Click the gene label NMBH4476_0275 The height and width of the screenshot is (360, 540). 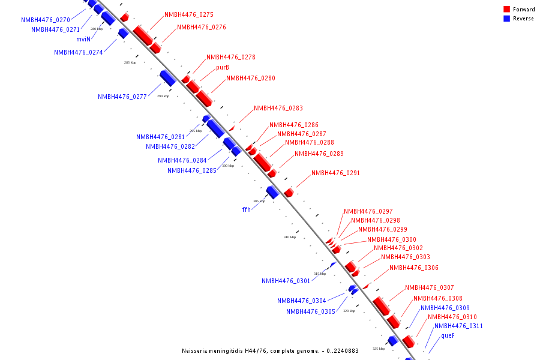pyautogui.click(x=188, y=14)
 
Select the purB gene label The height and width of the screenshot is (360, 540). pyautogui.click(x=223, y=67)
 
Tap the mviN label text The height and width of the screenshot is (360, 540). pyautogui.click(x=83, y=39)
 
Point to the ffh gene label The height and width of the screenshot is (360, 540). pyautogui.click(x=246, y=209)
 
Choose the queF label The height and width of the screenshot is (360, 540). pyautogui.click(x=448, y=335)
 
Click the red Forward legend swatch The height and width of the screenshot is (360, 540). pyautogui.click(x=507, y=10)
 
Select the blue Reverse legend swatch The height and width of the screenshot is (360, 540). pyautogui.click(x=507, y=19)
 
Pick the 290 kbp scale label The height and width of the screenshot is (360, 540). pyautogui.click(x=163, y=96)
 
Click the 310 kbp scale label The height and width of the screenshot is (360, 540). pyautogui.click(x=290, y=237)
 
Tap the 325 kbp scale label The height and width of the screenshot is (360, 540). pyautogui.click(x=379, y=349)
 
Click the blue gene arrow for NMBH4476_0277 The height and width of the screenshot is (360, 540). pyautogui.click(x=167, y=77)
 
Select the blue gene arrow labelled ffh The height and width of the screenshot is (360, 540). pyautogui.click(x=272, y=192)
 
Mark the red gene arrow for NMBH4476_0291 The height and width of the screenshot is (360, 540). pyautogui.click(x=289, y=193)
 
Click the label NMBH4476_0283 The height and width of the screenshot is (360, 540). pyautogui.click(x=278, y=109)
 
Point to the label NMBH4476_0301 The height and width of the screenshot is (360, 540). pyautogui.click(x=286, y=281)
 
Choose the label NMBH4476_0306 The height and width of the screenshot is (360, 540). pyautogui.click(x=413, y=268)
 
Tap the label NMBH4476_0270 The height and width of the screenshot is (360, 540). pyautogui.click(x=46, y=20)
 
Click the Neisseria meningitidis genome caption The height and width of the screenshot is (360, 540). pyautogui.click(x=270, y=350)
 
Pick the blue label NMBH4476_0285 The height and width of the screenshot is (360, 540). pyautogui.click(x=192, y=170)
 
